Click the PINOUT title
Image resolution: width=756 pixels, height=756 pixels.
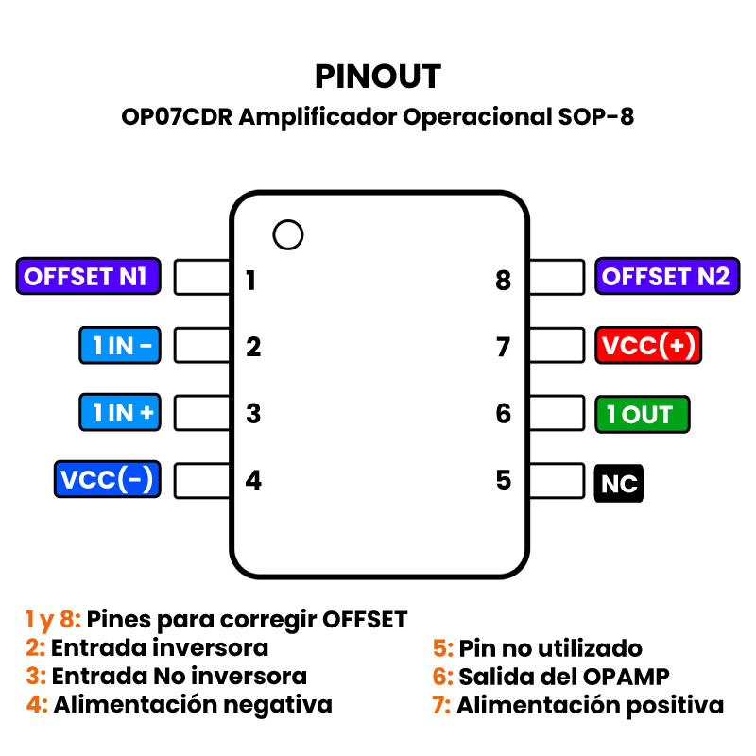point(378,76)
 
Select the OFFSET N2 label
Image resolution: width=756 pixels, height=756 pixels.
point(665,277)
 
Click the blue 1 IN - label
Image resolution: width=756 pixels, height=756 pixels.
point(119,346)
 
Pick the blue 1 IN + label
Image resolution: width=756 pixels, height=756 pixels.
point(119,413)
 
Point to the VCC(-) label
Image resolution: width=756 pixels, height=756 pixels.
point(106,480)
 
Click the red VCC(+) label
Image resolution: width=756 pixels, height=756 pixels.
point(648,346)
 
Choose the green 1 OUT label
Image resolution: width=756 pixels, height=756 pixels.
point(642,414)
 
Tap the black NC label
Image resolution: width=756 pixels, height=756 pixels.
point(619,484)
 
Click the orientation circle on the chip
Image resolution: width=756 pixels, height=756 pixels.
point(287,234)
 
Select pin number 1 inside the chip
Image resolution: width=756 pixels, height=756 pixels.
point(250,281)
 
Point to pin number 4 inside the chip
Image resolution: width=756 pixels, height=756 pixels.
point(253,480)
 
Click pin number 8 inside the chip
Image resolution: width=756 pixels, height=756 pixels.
point(503,281)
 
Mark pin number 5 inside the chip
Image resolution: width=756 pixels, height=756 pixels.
point(504,480)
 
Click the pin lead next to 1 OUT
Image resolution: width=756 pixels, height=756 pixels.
point(557,413)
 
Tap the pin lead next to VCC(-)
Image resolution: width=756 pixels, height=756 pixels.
point(202,480)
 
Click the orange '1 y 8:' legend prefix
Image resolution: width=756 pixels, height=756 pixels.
point(53,620)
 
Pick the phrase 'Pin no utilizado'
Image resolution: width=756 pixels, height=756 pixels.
point(550,648)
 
